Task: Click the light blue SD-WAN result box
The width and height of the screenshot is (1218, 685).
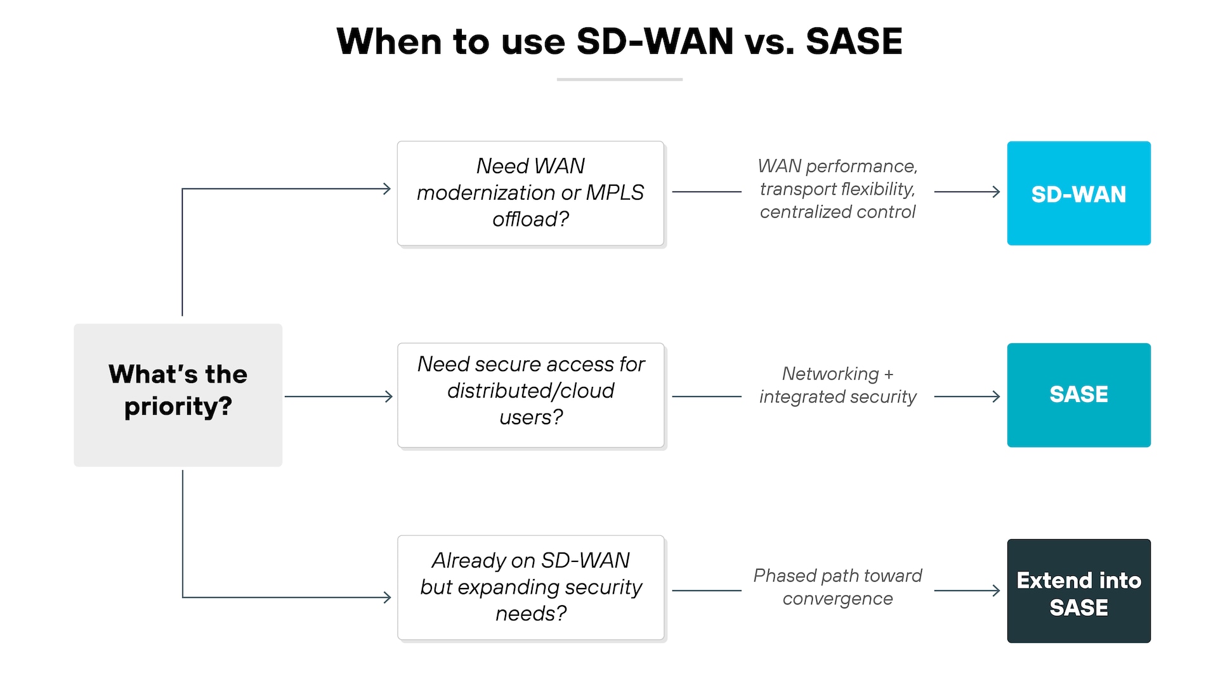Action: point(1078,193)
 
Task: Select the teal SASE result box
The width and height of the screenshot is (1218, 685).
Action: point(1078,395)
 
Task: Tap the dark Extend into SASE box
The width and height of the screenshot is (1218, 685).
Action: point(1078,591)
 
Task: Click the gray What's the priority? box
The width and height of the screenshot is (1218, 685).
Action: point(178,395)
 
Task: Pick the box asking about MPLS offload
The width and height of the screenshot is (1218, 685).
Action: point(530,193)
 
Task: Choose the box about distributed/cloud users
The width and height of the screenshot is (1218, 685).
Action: point(530,395)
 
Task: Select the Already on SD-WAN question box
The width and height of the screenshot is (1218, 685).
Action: point(530,587)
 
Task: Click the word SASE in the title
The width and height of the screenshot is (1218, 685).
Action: point(853,42)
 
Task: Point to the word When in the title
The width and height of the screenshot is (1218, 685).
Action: point(389,42)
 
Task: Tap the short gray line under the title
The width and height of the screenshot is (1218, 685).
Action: point(619,79)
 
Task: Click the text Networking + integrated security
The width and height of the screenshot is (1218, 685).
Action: point(837,385)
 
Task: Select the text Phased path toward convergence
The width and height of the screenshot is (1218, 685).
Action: point(837,587)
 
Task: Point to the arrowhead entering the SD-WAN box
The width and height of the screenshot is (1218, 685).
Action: point(996,192)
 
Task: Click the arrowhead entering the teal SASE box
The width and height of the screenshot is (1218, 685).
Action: point(996,396)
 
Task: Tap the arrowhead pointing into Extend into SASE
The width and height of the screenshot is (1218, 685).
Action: point(996,590)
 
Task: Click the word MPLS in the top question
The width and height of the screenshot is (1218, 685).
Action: point(615,192)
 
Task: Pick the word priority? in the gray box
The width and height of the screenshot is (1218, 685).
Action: point(178,407)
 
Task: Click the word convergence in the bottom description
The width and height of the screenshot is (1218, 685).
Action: point(837,599)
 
